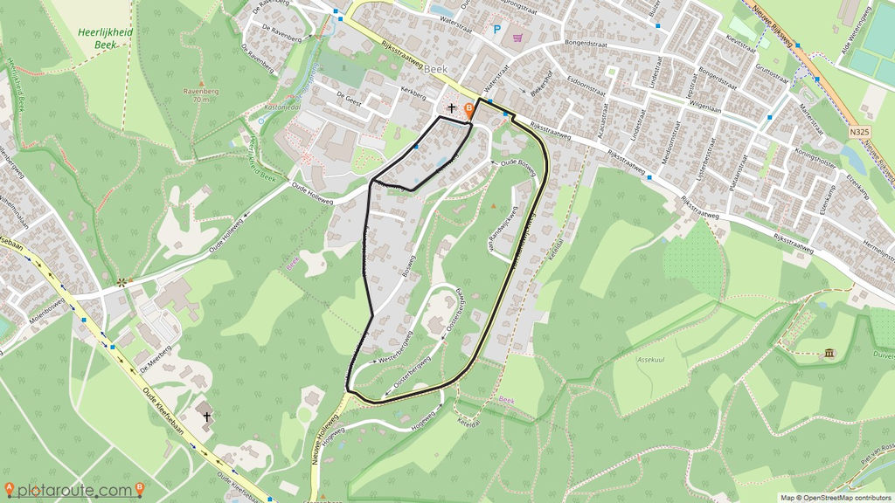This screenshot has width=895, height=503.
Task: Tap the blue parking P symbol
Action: coord(497,30)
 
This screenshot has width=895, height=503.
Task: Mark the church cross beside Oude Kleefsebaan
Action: coord(207,417)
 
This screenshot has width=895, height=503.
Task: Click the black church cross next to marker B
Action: coord(451,109)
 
